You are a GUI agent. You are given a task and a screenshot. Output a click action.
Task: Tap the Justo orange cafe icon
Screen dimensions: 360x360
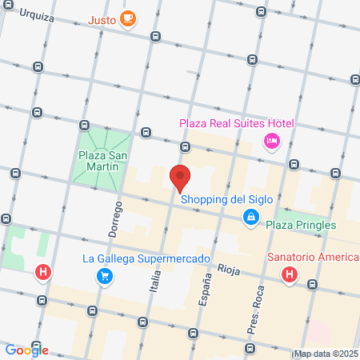(127, 19)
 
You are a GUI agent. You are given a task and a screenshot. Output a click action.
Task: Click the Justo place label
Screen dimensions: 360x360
(102, 19)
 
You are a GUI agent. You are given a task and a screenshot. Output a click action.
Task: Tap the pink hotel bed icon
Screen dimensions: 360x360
(271, 141)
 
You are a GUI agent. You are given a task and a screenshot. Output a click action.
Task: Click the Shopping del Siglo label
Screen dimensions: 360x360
(227, 199)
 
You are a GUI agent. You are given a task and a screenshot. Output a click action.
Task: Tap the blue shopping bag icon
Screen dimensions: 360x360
(251, 217)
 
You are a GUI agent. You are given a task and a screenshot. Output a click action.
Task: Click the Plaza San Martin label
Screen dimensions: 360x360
(99, 161)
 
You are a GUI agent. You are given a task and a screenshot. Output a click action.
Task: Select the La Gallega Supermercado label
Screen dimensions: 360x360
(146, 258)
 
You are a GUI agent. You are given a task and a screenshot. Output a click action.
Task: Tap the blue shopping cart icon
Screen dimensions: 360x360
(104, 276)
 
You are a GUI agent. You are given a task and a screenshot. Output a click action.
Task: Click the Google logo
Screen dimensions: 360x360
(26, 350)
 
